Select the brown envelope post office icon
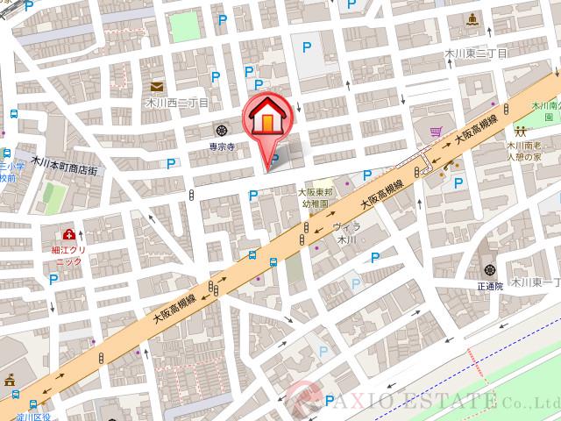pyautogui.click(x=157, y=86)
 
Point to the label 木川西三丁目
pyautogui.click(x=177, y=103)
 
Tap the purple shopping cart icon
pyautogui.click(x=435, y=132)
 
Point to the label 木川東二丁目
pyautogui.click(x=476, y=53)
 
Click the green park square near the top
pyautogui.click(x=185, y=27)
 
